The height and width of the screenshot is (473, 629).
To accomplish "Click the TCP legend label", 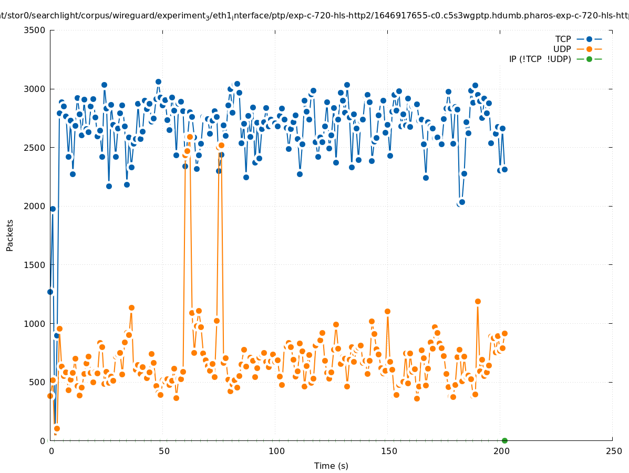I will point(563,39).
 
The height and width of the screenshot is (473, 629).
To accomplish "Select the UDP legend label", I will point(562,49).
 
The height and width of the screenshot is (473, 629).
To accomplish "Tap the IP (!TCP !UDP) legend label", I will point(540,59).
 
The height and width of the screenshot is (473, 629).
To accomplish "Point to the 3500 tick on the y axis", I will point(35,30).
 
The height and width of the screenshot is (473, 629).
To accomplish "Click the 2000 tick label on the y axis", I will point(35,206).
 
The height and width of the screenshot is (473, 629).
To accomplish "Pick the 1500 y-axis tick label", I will point(35,265).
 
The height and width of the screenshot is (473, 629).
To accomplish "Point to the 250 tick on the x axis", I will point(613,451).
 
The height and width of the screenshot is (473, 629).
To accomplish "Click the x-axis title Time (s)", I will point(331,466).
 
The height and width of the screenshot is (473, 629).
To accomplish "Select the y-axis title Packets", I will point(10,235).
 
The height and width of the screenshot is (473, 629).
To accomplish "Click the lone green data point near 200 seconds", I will point(504,440).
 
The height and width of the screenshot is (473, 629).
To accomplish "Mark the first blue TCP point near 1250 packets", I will point(50,292).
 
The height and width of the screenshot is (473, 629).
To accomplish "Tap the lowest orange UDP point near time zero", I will point(57,428).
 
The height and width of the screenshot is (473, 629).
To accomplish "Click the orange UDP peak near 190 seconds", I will point(478,301).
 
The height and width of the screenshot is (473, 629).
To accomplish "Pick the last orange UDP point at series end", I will point(504,333).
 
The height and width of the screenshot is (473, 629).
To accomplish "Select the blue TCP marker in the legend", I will point(589,39).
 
